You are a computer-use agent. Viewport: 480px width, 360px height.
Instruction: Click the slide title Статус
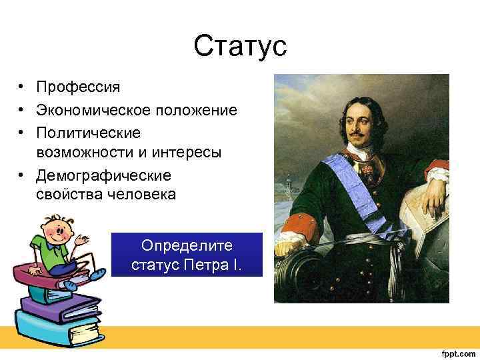click(239, 47)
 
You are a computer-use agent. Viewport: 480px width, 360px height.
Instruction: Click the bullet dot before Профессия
click(22, 88)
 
